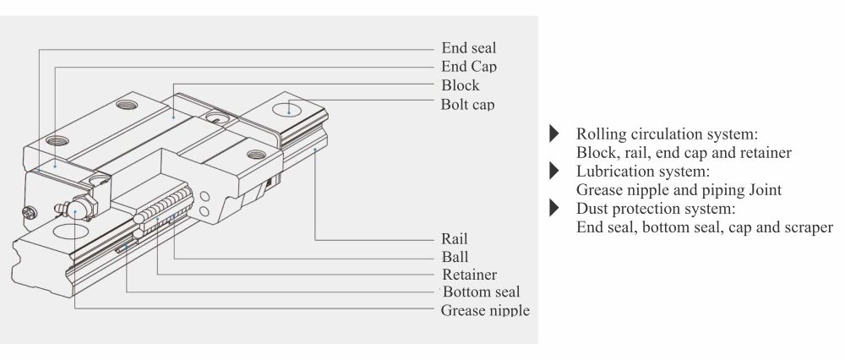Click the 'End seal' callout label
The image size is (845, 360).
(469, 47)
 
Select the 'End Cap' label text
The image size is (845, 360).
(469, 66)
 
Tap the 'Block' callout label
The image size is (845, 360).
(461, 85)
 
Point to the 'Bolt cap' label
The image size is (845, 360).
(467, 105)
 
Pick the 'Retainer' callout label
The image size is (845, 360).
(469, 275)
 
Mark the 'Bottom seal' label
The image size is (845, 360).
(480, 292)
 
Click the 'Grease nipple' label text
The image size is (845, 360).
(485, 310)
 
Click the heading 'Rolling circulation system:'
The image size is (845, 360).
(666, 135)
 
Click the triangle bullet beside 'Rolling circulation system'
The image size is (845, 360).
(554, 134)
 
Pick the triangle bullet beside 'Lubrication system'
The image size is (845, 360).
(554, 172)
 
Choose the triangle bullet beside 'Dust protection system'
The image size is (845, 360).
(554, 209)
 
